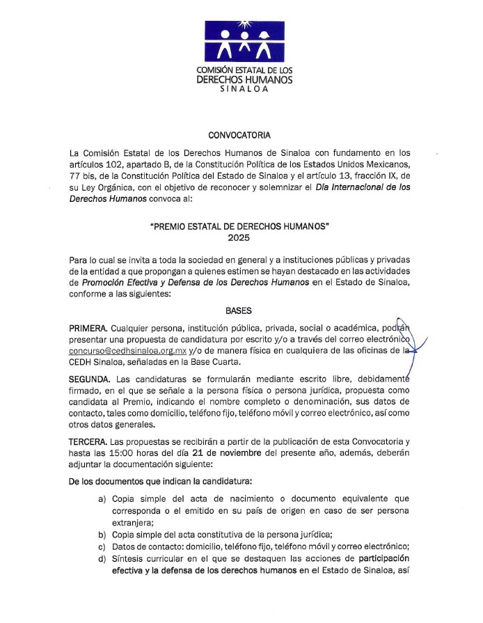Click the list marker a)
tap(102, 499)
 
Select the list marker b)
tap(102, 534)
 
